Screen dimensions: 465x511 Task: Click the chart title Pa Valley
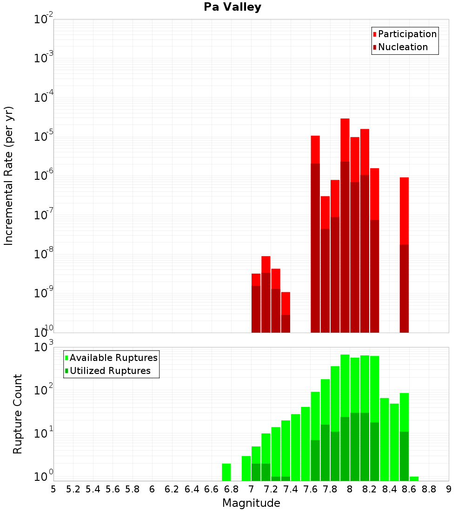point(232,7)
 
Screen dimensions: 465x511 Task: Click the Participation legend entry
point(404,34)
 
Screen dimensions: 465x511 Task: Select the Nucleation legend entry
point(400,47)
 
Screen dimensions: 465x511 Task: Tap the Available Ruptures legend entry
point(111,358)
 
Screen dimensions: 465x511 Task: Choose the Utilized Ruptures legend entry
point(108,371)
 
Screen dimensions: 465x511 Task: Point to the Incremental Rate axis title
point(8,176)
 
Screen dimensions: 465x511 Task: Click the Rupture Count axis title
point(17,414)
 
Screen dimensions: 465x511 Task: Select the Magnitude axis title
point(251,503)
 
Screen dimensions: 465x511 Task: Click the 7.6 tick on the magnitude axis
point(310,490)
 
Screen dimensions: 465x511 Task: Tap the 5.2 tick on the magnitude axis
point(73,490)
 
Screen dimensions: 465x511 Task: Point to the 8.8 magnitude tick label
point(429,490)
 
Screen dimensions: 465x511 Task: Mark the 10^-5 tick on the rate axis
point(43,136)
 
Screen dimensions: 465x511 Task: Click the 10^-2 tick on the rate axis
point(43,19)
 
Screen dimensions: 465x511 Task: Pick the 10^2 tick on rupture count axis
point(43,390)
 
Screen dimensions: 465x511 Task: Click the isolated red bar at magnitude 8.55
point(404,255)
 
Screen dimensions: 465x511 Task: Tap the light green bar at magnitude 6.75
point(226,472)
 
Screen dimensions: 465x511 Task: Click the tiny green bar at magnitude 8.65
point(414,479)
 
